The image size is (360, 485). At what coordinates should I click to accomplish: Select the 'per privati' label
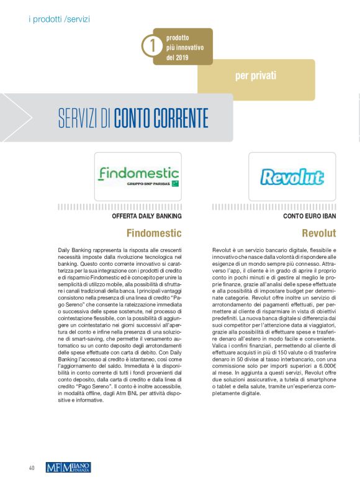pos(256,76)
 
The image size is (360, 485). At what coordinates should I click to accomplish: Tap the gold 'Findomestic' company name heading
pos(154,233)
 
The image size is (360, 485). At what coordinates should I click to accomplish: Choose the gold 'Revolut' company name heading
pos(318,233)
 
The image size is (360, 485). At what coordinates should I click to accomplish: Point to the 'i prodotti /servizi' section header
pos(60,19)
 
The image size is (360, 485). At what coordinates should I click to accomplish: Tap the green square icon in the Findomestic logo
pos(176,183)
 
